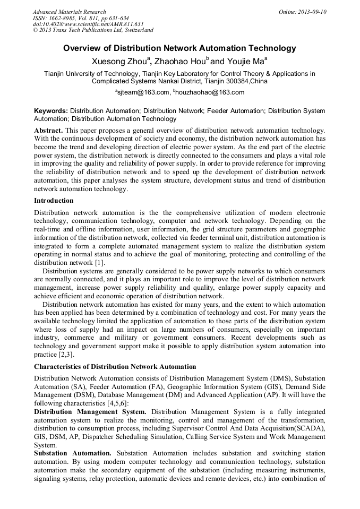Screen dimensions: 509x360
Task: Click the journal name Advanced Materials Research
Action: pyautogui.click(x=69, y=12)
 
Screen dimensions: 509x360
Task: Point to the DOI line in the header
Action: pyautogui.click(x=88, y=24)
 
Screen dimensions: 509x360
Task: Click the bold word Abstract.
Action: pyautogui.click(x=48, y=131)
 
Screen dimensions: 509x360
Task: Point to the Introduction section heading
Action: pyautogui.click(x=54, y=201)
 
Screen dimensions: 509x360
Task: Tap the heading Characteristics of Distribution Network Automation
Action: pyautogui.click(x=115, y=367)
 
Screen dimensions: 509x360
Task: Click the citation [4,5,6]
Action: pyautogui.click(x=116, y=404)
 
